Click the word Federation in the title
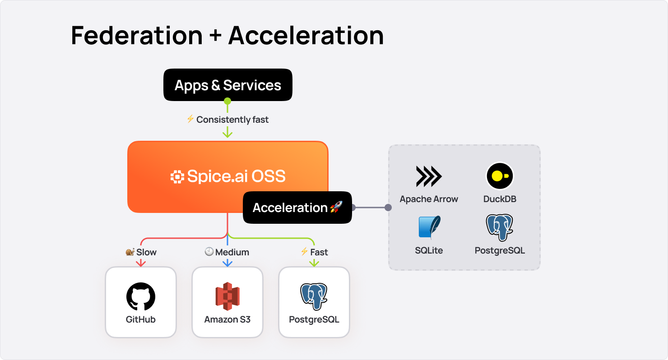137,35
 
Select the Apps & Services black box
227,85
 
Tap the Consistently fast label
232,120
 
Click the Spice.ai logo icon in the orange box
177,177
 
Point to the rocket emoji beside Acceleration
336,208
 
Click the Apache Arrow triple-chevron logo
429,176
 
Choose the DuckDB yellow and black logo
500,176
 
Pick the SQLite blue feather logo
429,227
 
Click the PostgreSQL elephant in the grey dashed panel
500,228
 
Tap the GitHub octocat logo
141,296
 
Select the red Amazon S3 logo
227,296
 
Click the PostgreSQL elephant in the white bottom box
314,296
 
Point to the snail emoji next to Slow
130,252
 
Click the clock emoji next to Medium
209,252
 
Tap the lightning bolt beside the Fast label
305,252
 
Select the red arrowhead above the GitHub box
141,263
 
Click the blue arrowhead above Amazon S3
227,263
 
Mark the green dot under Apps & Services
227,101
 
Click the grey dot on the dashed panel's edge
388,208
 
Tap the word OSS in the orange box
269,176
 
